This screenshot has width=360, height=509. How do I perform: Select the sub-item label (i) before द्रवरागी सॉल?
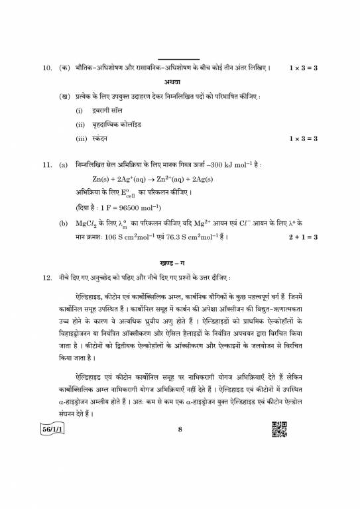pyautogui.click(x=78, y=109)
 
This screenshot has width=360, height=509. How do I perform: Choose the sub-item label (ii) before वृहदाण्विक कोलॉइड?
pyautogui.click(x=80, y=125)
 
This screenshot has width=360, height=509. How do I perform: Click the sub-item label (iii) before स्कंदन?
pyautogui.click(x=81, y=139)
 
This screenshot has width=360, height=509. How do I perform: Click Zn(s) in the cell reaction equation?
pyautogui.click(x=103, y=179)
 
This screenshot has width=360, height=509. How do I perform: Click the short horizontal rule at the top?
pyautogui.click(x=179, y=58)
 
